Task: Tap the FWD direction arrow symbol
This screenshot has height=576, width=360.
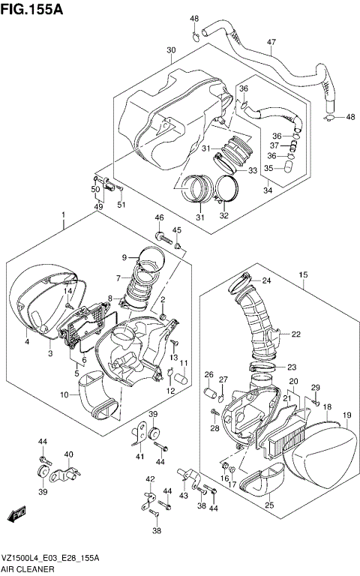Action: pos(15,515)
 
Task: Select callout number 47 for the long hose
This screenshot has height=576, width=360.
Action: pos(271,42)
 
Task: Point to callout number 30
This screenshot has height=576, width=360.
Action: pos(171,50)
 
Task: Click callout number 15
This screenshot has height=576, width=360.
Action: pos(303,275)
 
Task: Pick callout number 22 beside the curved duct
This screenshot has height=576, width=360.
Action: pos(295,334)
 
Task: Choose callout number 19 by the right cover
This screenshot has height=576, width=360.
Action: pos(346,415)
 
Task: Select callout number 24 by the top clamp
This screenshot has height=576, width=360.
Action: pos(265,281)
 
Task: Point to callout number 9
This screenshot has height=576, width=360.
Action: pos(124,258)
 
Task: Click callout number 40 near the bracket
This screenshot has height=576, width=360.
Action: pos(68,454)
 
